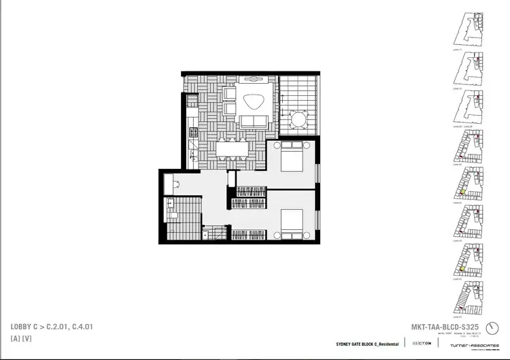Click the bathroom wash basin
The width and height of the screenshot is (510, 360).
pyautogui.click(x=170, y=203)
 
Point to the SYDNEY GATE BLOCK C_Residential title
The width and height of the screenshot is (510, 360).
pyautogui.click(x=367, y=344)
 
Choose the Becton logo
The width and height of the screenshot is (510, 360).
pyautogui.click(x=420, y=343)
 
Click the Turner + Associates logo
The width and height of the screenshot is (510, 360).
pyautogui.click(x=469, y=344)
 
